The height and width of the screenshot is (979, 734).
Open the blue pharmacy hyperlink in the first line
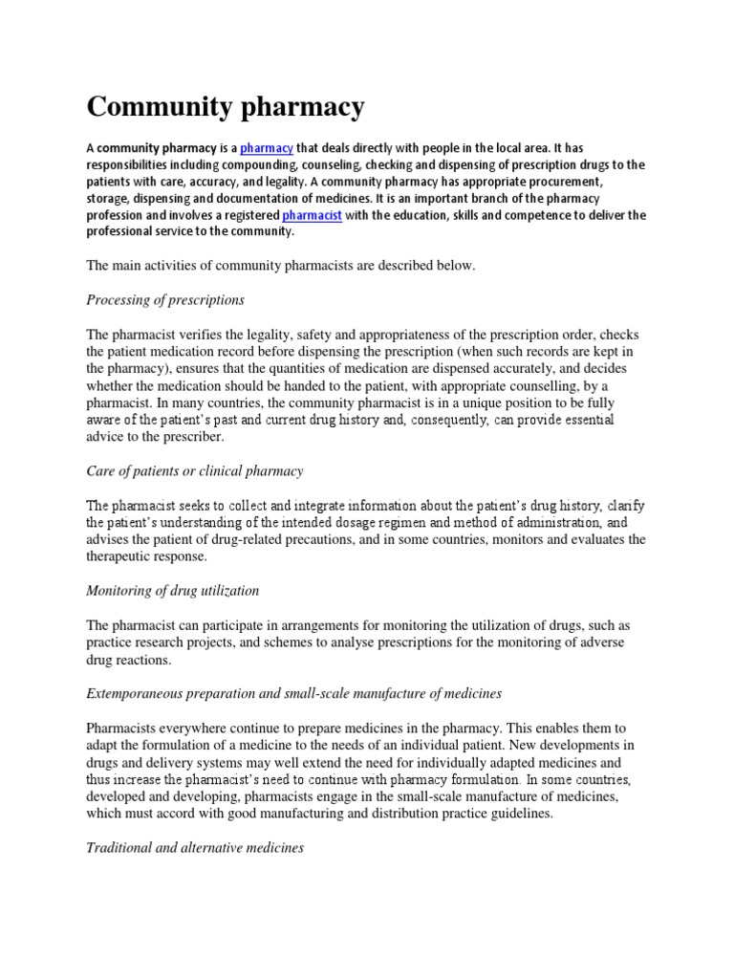tap(266, 147)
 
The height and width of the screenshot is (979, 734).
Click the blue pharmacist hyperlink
tap(312, 215)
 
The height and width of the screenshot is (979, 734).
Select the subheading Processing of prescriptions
tap(165, 300)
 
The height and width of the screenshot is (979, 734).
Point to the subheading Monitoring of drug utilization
tap(173, 591)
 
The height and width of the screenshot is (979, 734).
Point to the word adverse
tap(600, 642)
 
